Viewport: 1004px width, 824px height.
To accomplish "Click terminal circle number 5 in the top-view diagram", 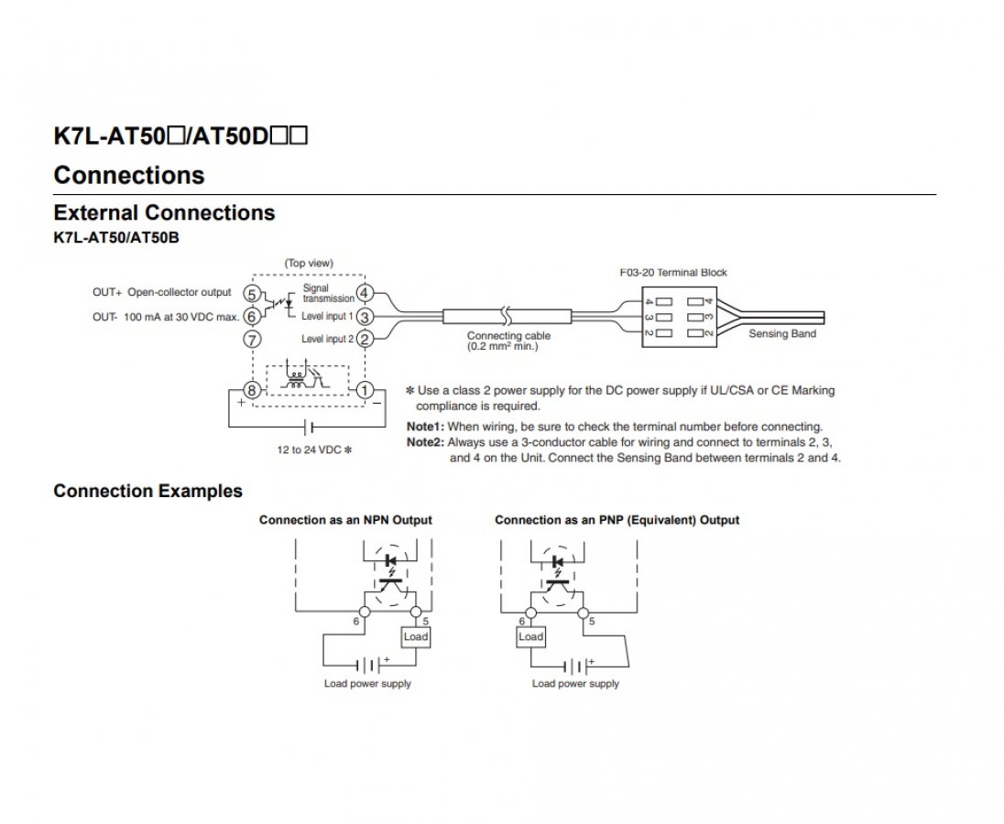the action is click(252, 294).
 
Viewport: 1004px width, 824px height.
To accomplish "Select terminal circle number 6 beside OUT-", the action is click(252, 317).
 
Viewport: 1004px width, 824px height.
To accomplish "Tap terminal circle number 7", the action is click(252, 339).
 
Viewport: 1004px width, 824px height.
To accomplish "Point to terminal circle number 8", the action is click(252, 390).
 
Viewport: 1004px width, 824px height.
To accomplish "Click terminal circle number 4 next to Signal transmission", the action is click(365, 294).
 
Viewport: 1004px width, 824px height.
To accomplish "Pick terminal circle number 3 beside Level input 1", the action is click(365, 317).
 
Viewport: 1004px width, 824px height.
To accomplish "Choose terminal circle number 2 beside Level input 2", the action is click(365, 339).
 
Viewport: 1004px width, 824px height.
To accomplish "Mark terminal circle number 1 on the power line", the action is click(365, 390).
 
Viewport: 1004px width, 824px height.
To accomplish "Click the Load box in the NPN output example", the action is click(416, 636).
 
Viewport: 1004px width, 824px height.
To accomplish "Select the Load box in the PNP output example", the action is click(530, 636).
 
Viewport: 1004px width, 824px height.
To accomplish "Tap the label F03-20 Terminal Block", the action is click(673, 273).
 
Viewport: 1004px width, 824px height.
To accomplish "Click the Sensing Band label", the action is click(782, 333).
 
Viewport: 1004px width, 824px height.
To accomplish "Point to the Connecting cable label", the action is click(508, 336).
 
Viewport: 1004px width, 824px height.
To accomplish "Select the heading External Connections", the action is click(165, 212).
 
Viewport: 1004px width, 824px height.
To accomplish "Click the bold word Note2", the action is click(425, 442).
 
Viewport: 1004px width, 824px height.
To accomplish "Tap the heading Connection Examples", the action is click(147, 491).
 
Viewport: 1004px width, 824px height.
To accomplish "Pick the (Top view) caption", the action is click(309, 263).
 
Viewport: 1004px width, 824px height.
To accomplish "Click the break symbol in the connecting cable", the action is click(507, 316).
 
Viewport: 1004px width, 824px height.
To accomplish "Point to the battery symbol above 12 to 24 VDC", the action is click(308, 427).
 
